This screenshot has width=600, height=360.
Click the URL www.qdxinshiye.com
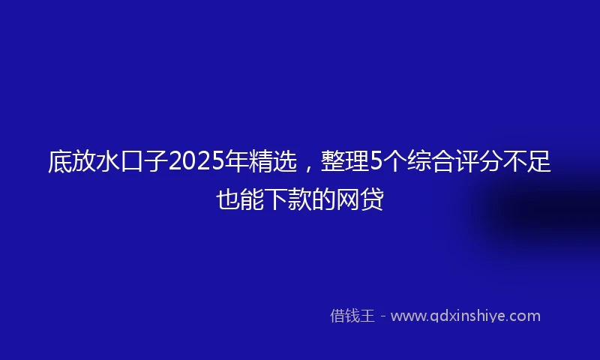[x=465, y=316]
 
